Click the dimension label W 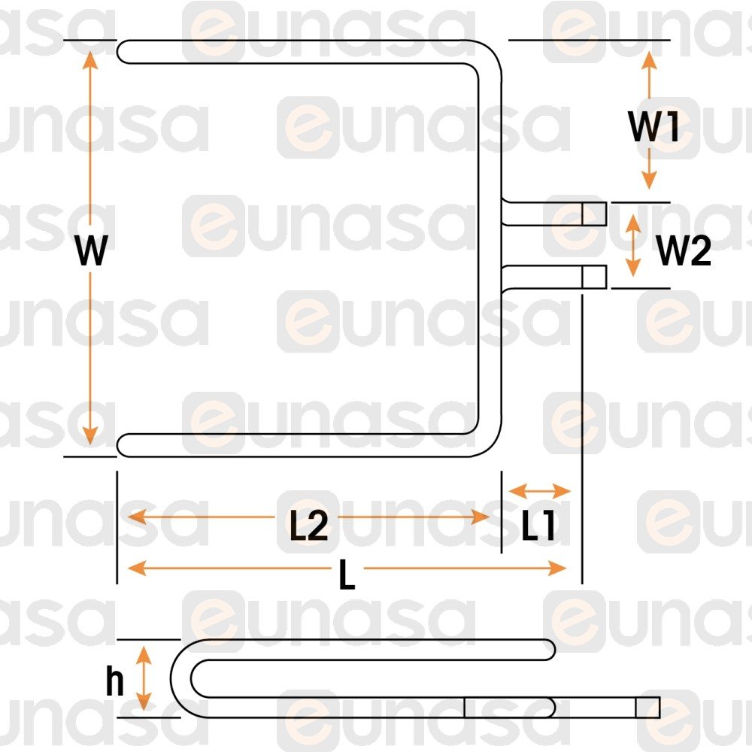[x=91, y=251]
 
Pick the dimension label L [x=347, y=577]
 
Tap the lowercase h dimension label [x=114, y=681]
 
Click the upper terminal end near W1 [x=594, y=214]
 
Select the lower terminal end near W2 [x=594, y=277]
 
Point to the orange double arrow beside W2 [x=634, y=245]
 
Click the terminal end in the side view [x=647, y=707]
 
